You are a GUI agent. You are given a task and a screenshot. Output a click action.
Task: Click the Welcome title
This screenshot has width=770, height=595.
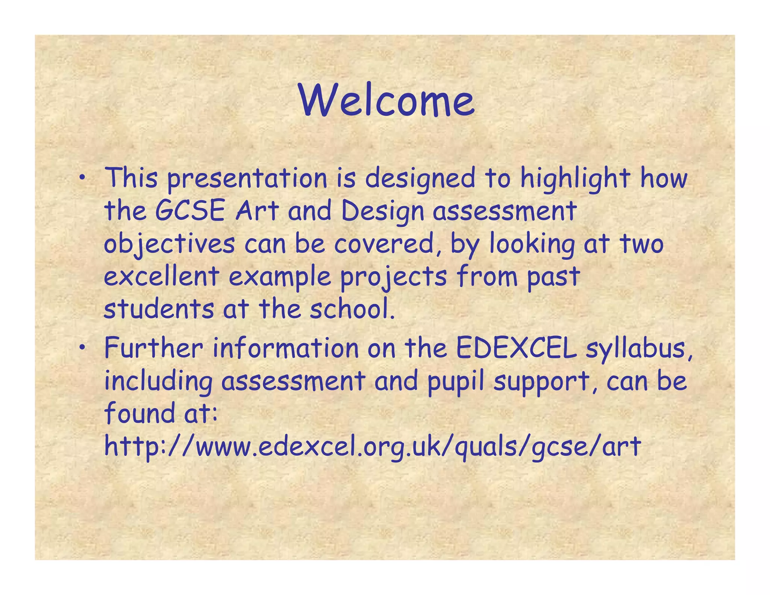coord(387,100)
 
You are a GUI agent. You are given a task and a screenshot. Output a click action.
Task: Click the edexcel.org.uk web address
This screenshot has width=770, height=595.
coord(373,447)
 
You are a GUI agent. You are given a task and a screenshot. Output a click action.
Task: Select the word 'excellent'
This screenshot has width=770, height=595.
coord(162,276)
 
